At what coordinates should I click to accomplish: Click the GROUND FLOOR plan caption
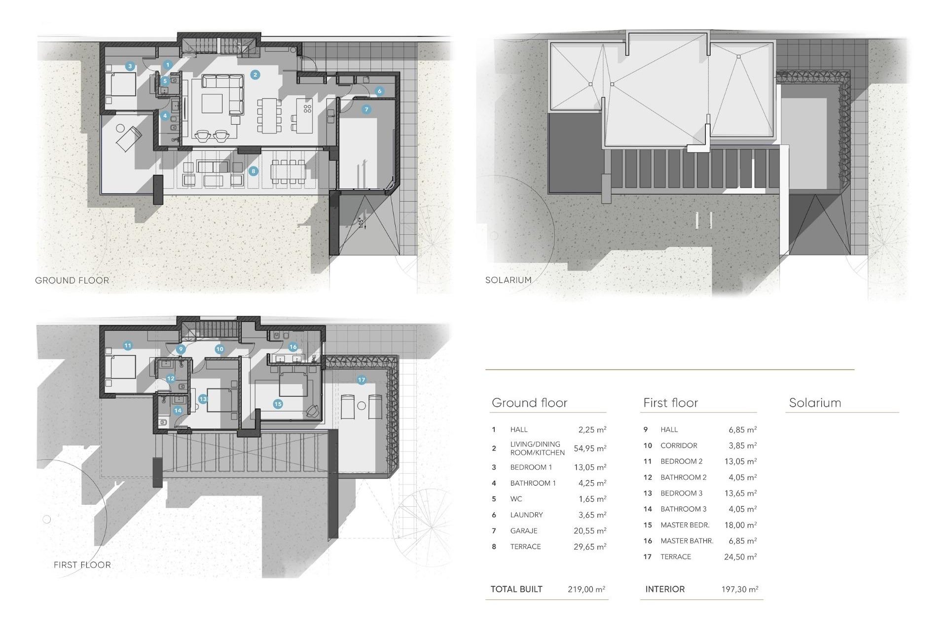point(72,280)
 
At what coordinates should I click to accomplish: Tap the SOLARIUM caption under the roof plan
point(508,280)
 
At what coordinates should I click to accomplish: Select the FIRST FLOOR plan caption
point(82,565)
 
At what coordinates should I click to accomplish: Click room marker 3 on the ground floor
point(130,66)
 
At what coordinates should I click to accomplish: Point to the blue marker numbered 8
point(253,171)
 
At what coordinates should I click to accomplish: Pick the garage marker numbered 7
point(366,109)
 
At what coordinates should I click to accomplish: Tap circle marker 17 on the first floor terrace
point(362,380)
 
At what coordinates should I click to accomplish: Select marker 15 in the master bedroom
point(278,404)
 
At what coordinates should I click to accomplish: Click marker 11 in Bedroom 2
point(128,346)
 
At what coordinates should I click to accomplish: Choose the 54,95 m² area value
point(590,449)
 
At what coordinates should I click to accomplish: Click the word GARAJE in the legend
point(524,531)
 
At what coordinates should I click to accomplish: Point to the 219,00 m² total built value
point(586,589)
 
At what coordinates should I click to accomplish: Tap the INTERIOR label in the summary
point(665,589)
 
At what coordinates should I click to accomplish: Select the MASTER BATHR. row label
point(687,541)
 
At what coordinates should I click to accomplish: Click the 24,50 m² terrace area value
point(740,557)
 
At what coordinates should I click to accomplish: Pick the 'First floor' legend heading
point(670,403)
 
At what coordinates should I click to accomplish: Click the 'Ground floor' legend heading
point(529,403)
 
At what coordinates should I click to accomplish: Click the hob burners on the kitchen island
point(307,108)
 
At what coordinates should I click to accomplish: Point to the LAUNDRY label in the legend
point(526,515)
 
